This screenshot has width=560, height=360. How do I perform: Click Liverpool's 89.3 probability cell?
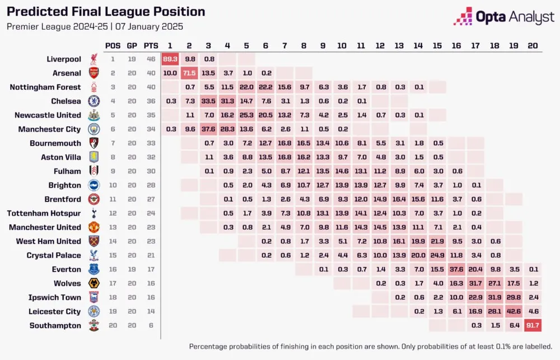[170, 59]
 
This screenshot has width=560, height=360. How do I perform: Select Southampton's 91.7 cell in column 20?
[532, 325]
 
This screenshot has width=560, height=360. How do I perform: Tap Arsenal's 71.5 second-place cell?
[189, 73]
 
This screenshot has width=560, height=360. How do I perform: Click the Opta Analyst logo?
[504, 17]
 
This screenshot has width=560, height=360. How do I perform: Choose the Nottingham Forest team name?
[45, 87]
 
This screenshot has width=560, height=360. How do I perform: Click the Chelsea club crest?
[93, 101]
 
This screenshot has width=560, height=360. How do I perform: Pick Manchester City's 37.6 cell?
[208, 129]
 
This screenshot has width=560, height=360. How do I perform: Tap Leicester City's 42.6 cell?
[513, 311]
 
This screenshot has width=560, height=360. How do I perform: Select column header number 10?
[342, 45]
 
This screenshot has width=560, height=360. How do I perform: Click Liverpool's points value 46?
[148, 59]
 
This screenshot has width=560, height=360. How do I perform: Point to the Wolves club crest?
[93, 283]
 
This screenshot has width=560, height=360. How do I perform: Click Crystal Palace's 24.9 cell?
[437, 255]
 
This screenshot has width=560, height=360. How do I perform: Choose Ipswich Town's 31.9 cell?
[494, 297]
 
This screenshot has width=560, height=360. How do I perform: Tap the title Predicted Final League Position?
[106, 12]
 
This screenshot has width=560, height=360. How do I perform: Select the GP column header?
[132, 45]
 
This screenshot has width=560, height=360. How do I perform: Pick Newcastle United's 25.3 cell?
[246, 115]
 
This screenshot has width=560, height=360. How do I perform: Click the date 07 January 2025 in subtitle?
[150, 26]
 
